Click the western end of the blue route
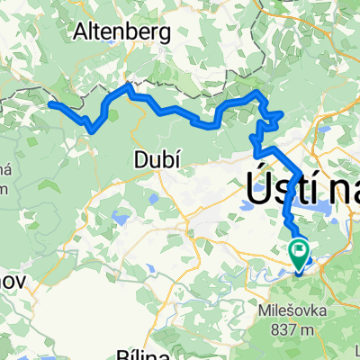49,104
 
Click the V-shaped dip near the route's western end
92,129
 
